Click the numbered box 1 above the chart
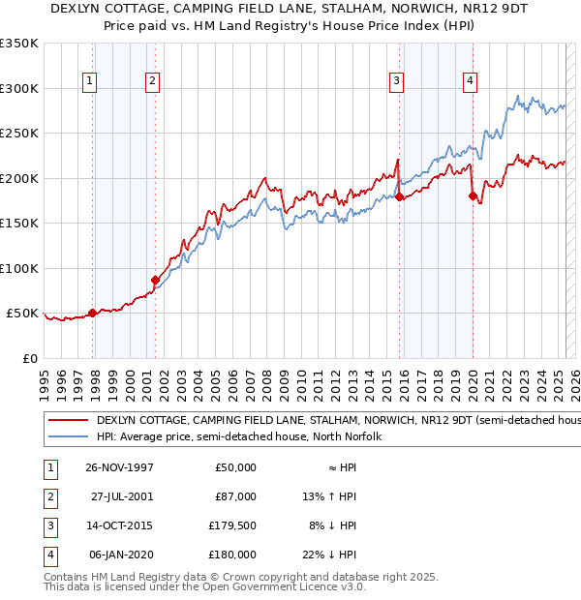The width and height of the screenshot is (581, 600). [x=88, y=82]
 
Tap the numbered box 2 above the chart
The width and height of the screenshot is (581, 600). [x=152, y=82]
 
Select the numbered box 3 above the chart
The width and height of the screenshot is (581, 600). [x=397, y=82]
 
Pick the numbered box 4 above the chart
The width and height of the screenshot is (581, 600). [x=470, y=82]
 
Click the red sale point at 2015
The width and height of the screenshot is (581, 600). [x=399, y=196]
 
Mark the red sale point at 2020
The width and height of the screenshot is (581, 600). [x=473, y=196]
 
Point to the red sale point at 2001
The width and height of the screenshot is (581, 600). [x=155, y=280]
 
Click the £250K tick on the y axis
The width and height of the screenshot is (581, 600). [x=18, y=134]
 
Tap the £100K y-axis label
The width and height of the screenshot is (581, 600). [x=18, y=268]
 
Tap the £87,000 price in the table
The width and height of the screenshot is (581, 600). [x=235, y=496]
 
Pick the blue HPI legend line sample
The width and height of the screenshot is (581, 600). [x=67, y=436]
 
